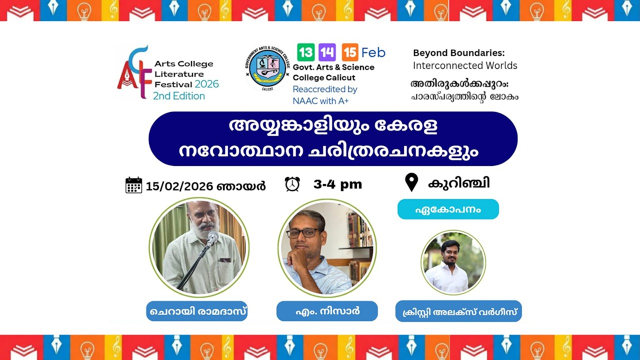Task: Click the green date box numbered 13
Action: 305,52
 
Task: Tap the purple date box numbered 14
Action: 327,52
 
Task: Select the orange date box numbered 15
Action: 350,52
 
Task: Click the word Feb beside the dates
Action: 373,52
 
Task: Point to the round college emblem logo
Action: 267,68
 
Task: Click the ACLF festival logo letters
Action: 134,73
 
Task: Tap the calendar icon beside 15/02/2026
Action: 133,185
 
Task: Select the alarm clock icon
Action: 292,184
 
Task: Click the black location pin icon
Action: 411,182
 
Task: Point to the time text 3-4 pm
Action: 337,184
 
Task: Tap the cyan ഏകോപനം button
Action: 448,209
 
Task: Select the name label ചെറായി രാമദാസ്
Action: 197,311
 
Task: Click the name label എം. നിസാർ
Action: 327,311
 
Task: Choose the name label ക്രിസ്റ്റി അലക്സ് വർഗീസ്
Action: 458,311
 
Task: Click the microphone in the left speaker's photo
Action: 212,239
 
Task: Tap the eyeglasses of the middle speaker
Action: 302,232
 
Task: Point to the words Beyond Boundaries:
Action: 458,52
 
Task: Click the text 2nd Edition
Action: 178,96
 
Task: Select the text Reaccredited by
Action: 324,89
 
